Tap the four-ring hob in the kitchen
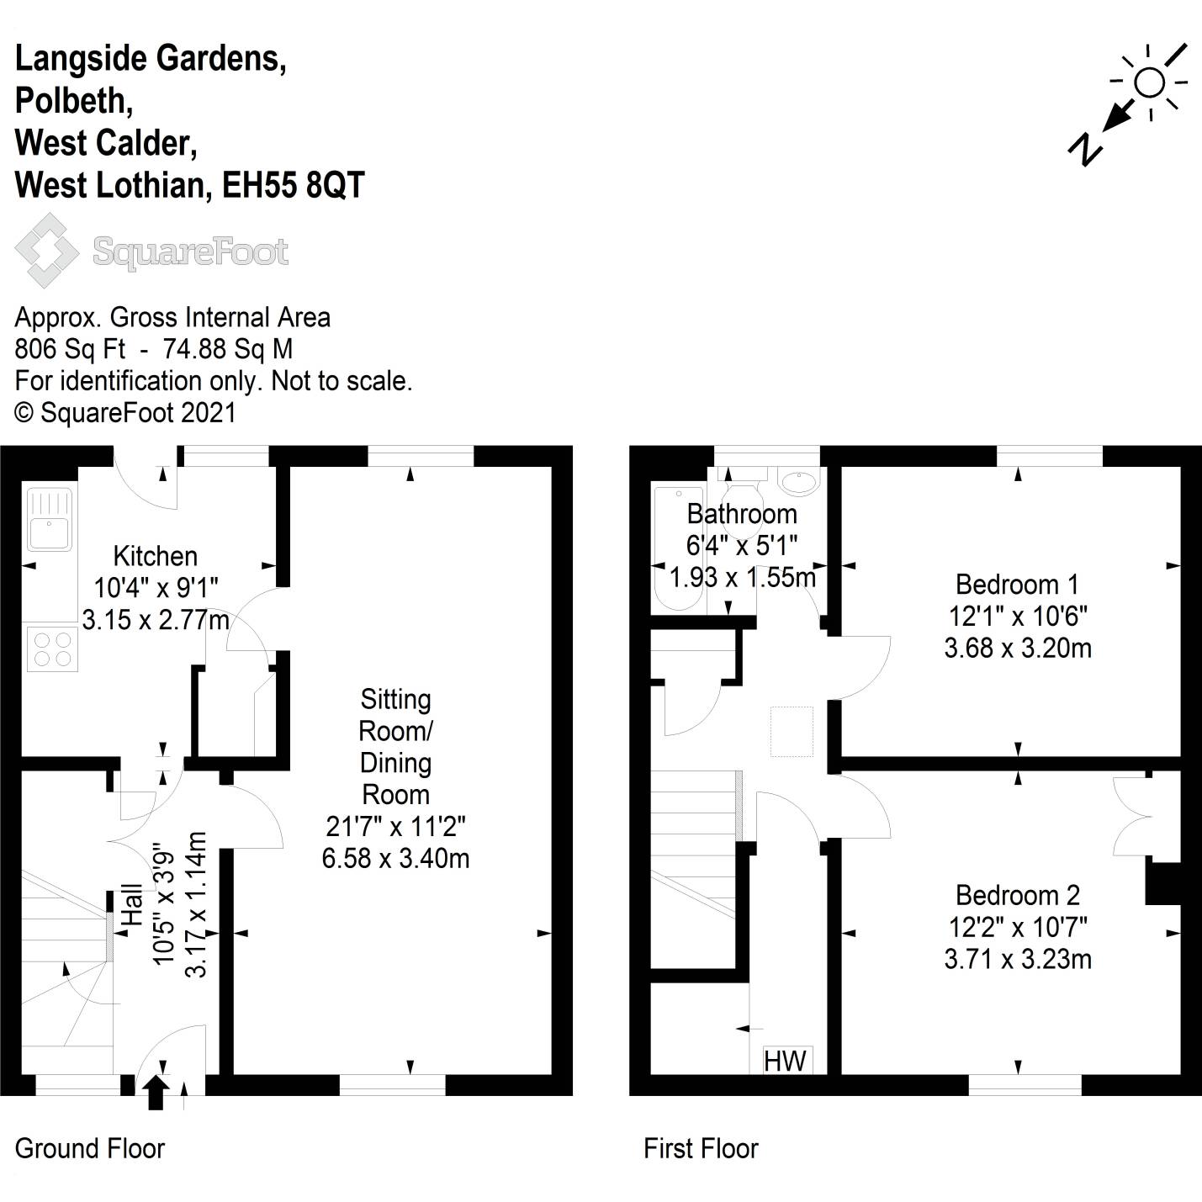click(x=52, y=649)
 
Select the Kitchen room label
click(x=156, y=556)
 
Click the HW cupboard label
click(x=785, y=1061)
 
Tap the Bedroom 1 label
click(x=1017, y=584)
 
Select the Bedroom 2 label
click(x=1018, y=894)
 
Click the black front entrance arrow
click(x=154, y=1094)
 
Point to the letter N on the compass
click(x=1085, y=149)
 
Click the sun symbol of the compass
click(x=1149, y=82)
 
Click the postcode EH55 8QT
click(x=294, y=185)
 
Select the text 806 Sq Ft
click(x=70, y=349)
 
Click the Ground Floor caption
click(x=90, y=1148)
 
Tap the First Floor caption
click(x=701, y=1148)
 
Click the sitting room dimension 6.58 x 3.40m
click(x=395, y=858)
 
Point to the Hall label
click(x=133, y=904)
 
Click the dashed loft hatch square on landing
click(x=792, y=731)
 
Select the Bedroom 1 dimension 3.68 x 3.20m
click(x=1018, y=648)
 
